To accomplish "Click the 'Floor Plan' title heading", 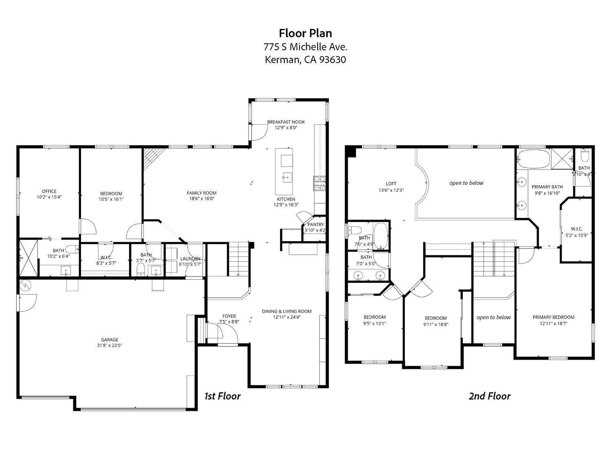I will coord(305,33).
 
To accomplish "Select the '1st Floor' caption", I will coord(222,396).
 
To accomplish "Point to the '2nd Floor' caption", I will coord(489,396).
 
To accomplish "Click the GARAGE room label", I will coord(110,340).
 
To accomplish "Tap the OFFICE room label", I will coord(49,191).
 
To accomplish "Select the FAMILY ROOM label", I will coord(202,193).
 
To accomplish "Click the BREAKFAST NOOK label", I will coord(286,122).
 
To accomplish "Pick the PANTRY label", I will coord(316,224).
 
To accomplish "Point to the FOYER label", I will coord(229,316).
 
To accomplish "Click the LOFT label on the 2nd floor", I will coord(391,184).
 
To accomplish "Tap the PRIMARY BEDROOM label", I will coord(553,317).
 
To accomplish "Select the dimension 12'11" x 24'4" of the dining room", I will coord(286,317).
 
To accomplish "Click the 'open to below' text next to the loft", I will coord(466,183).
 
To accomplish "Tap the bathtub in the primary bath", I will coord(533,159).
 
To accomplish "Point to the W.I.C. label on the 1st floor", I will coord(106,257).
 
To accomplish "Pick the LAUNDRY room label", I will coord(190,259).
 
